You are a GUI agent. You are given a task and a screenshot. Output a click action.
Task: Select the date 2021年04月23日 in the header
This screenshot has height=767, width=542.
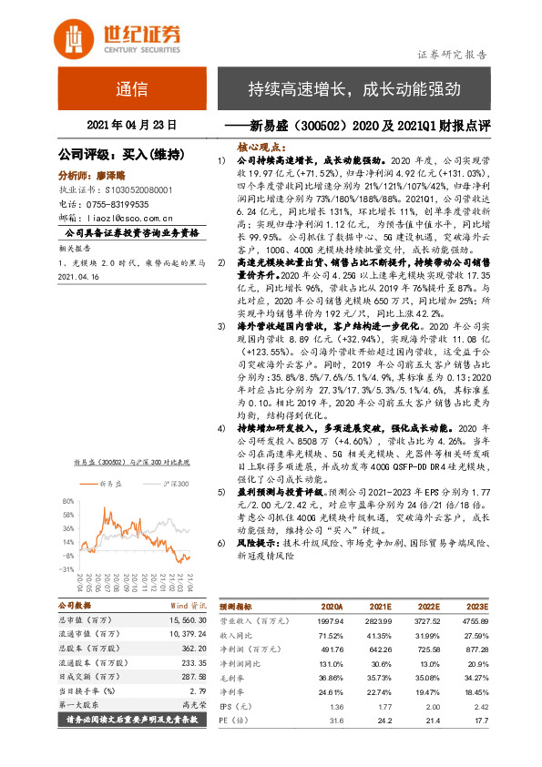click(x=130, y=123)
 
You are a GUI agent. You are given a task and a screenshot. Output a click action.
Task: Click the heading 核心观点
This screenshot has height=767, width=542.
click(x=260, y=145)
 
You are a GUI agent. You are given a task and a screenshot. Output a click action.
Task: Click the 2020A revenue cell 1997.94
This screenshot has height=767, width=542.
click(x=327, y=619)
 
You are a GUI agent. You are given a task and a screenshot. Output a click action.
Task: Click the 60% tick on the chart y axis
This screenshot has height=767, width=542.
click(x=67, y=500)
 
